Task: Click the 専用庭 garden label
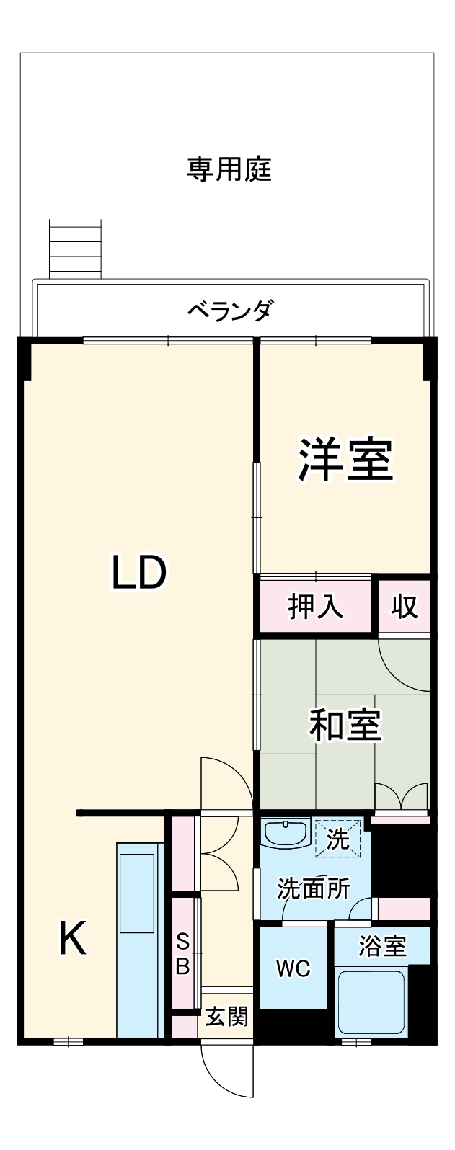coord(229,170)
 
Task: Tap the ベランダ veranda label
coord(230,311)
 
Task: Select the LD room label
coord(139,572)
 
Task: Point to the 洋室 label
coord(345,460)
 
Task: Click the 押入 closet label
coord(316,607)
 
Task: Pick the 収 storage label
coord(405,607)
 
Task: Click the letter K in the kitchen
coord(72,939)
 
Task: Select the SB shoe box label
coord(183,953)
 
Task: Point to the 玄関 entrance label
coord(226,1017)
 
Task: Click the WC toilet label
coord(293,969)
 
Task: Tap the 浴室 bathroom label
coord(382,946)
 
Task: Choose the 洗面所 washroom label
coord(314,889)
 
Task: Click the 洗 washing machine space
coord(337,839)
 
